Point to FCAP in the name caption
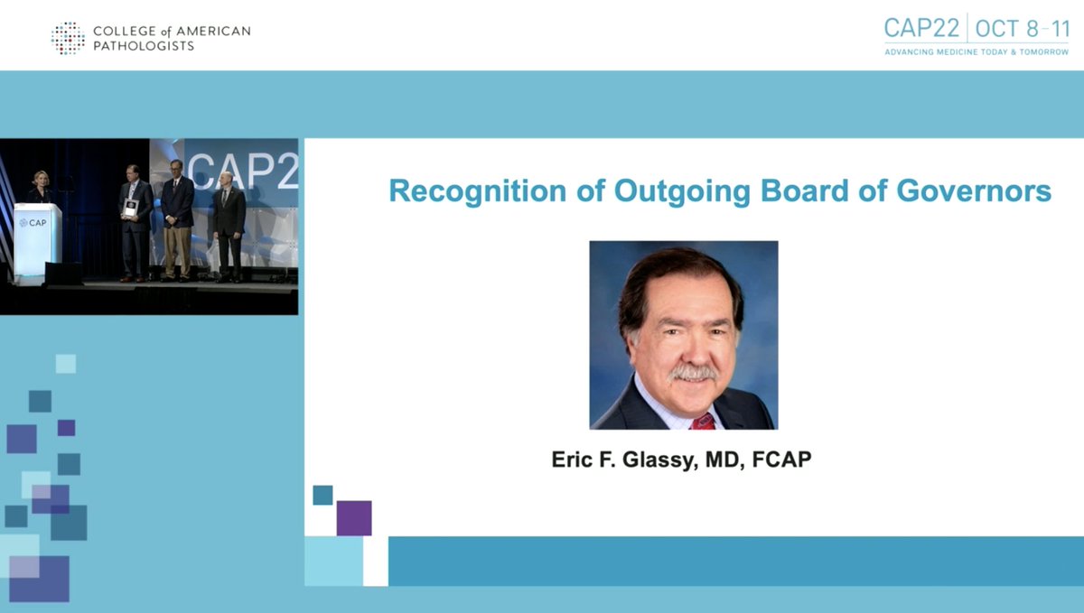(781, 460)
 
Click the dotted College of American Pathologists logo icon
(68, 38)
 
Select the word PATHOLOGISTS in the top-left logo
(144, 46)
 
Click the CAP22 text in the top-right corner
(921, 28)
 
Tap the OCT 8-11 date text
(1022, 28)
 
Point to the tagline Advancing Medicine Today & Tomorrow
(976, 52)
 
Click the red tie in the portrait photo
(702, 421)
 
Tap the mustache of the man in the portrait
(693, 371)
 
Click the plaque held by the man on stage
(131, 209)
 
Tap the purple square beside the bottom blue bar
(354, 517)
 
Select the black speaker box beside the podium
(64, 273)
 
